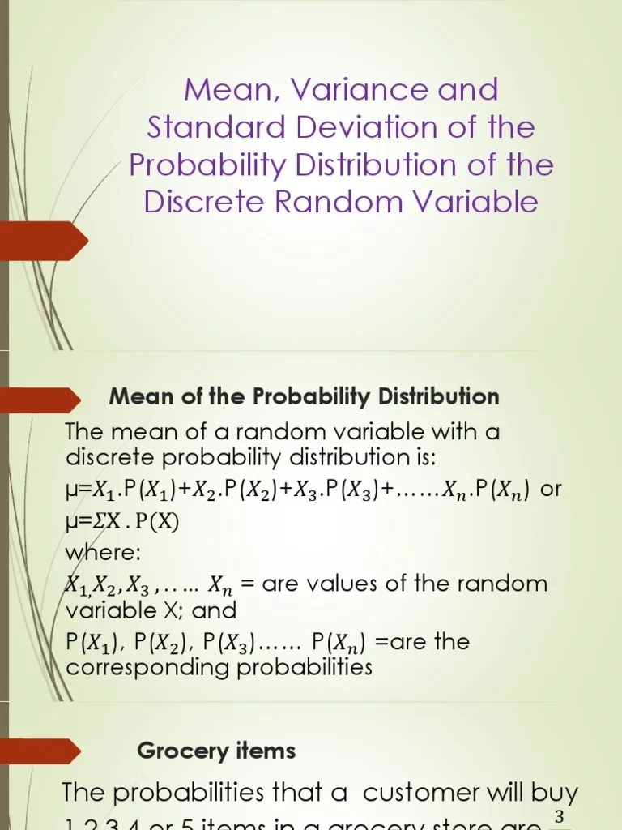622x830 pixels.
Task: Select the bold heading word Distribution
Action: pyautogui.click(x=435, y=397)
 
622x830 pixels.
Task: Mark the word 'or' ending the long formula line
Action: pyautogui.click(x=550, y=491)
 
